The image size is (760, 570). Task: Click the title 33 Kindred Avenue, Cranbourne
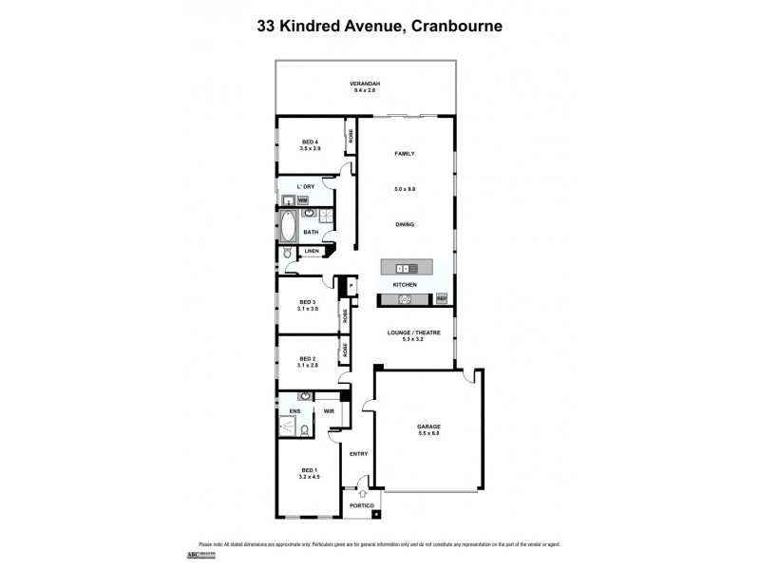(380, 27)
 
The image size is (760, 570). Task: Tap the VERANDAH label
(365, 85)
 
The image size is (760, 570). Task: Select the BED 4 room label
(310, 143)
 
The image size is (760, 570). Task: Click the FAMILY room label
(406, 153)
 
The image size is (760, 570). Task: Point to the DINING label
(406, 224)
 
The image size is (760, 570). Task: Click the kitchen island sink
(406, 267)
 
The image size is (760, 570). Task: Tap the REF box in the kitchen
(441, 299)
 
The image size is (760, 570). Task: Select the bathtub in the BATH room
(288, 227)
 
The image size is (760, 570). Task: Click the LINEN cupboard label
(312, 252)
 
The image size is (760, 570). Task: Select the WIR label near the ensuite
(329, 411)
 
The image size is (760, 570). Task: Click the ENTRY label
(358, 453)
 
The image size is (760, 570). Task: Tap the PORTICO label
(361, 505)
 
